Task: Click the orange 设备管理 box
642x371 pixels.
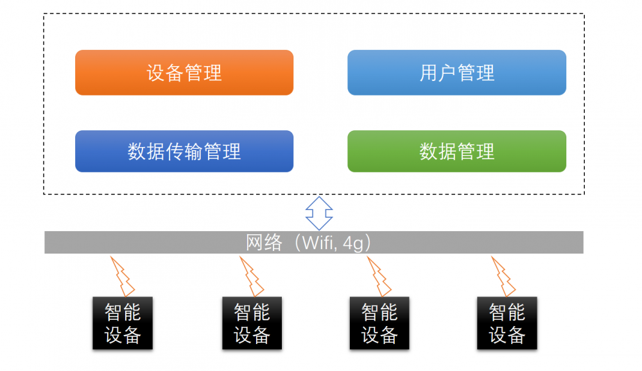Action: click(184, 73)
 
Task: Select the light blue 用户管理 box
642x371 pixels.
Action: click(457, 73)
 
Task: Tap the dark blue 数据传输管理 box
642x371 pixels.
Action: click(184, 151)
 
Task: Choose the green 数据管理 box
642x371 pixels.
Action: click(457, 151)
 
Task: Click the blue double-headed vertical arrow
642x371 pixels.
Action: click(319, 213)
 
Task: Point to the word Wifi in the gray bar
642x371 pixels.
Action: click(318, 243)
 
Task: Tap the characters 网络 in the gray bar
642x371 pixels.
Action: click(264, 243)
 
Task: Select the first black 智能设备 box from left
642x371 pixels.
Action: click(123, 323)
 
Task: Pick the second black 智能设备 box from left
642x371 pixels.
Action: click(252, 323)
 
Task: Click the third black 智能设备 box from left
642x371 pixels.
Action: click(379, 323)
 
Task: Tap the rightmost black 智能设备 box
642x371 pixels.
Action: click(507, 323)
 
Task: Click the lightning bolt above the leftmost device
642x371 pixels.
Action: click(123, 277)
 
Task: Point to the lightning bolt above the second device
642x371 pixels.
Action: click(252, 277)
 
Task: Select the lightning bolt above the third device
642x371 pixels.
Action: click(379, 277)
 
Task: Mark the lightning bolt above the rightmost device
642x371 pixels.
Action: click(503, 277)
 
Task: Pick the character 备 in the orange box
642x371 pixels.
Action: click(175, 73)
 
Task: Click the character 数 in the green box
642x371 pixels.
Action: click(429, 151)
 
